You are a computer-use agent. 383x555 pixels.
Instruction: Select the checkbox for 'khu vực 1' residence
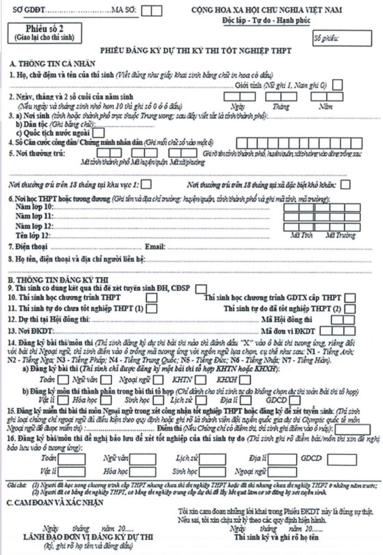(146, 185)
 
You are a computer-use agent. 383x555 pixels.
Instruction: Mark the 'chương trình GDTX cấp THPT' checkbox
(350, 298)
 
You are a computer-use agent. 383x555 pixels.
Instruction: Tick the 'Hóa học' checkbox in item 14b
(106, 400)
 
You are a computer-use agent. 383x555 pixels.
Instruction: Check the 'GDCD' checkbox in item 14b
(295, 400)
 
